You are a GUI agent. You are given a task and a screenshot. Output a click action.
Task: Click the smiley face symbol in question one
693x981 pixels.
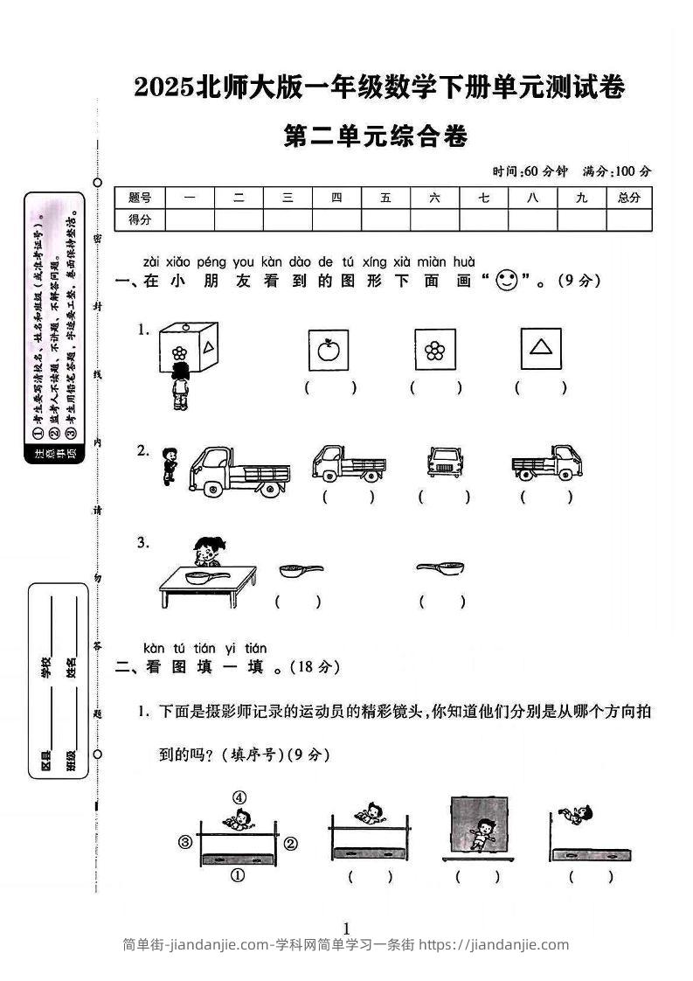[507, 281]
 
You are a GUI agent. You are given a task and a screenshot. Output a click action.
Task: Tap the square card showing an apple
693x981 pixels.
[329, 351]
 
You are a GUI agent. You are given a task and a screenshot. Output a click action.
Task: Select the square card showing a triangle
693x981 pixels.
[541, 349]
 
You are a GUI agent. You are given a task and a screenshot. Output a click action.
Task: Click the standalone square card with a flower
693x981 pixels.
[434, 351]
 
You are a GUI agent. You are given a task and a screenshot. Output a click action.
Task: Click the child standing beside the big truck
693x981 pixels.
[169, 465]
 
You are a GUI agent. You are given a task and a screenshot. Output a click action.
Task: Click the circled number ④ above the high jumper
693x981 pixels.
[239, 797]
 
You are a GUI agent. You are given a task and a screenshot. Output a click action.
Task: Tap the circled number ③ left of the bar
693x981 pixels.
[184, 843]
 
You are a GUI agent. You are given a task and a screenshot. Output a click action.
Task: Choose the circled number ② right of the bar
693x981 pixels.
[291, 843]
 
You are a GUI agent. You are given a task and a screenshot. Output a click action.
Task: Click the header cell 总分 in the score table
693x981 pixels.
[628, 198]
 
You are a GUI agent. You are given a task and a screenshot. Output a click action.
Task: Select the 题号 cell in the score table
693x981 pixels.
[140, 198]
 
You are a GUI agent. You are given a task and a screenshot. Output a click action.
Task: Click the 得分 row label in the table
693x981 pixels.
[140, 220]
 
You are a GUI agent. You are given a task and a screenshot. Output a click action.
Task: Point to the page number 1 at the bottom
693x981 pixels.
[347, 928]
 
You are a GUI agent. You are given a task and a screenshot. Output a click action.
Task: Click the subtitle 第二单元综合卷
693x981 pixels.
[377, 137]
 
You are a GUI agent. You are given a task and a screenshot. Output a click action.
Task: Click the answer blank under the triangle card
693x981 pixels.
[541, 387]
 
